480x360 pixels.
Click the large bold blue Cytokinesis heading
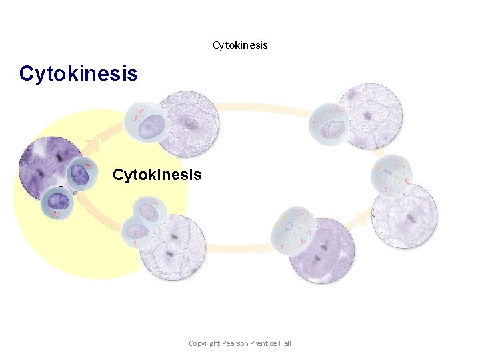[x=79, y=73]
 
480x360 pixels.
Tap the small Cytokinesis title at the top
[x=240, y=45]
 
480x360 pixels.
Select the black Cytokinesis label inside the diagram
[x=157, y=175]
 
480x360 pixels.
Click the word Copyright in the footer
[x=204, y=343]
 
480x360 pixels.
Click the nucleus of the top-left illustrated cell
[x=151, y=124]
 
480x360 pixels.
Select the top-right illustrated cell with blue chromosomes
[x=330, y=124]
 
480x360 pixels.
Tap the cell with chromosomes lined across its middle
[x=392, y=176]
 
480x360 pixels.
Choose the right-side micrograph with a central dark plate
[x=405, y=216]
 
